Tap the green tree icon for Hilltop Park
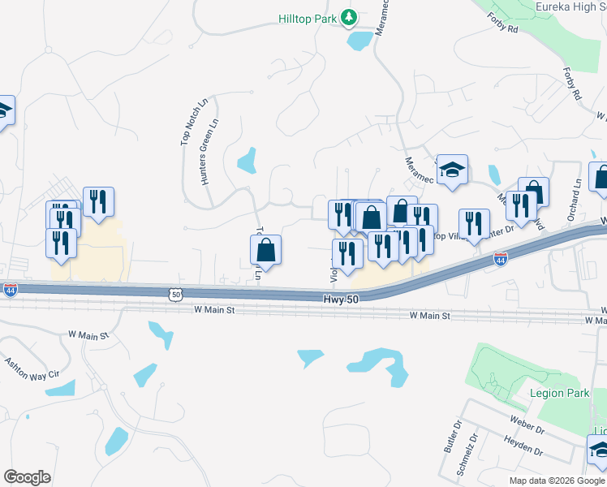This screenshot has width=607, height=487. click(348, 16)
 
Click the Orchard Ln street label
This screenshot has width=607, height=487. click(577, 199)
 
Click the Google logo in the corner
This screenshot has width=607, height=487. click(27, 477)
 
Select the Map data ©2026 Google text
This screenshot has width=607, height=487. click(557, 481)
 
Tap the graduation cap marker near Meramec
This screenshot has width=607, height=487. click(452, 170)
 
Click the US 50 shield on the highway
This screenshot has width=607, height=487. click(176, 295)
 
